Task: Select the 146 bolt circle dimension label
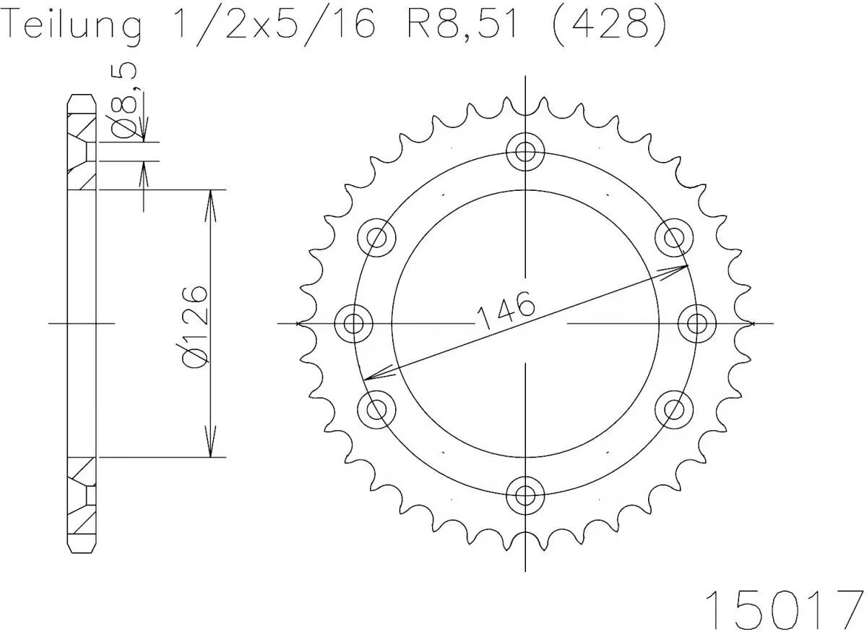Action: pyautogui.click(x=505, y=310)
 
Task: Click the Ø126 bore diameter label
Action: pyautogui.click(x=196, y=326)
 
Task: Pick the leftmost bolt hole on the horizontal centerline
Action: pyautogui.click(x=354, y=323)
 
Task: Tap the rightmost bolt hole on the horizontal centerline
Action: pyautogui.click(x=696, y=323)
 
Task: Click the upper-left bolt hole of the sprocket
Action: pyautogui.click(x=377, y=237)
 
